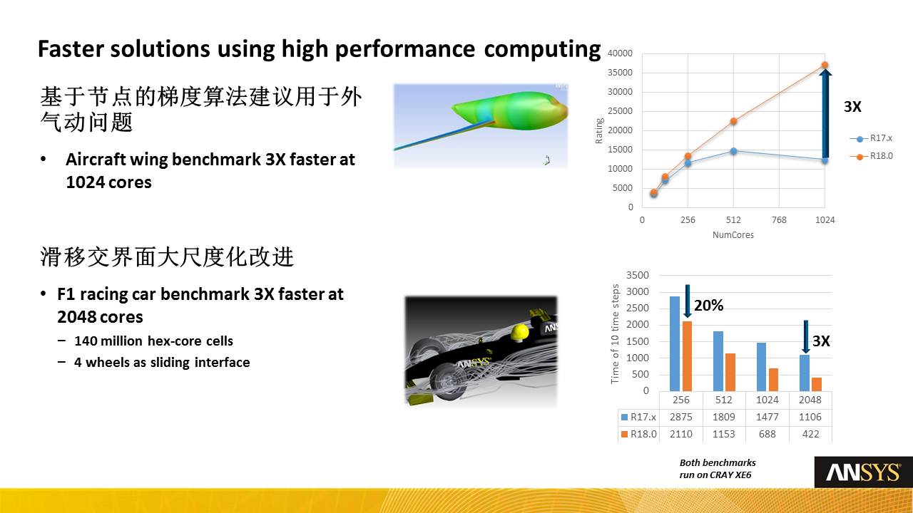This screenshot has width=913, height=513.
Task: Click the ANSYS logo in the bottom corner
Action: pyautogui.click(x=863, y=472)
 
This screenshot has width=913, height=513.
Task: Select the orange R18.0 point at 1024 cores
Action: pyautogui.click(x=825, y=65)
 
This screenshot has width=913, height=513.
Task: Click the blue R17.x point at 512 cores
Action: pyautogui.click(x=733, y=151)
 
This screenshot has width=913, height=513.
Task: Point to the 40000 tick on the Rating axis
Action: pyautogui.click(x=620, y=53)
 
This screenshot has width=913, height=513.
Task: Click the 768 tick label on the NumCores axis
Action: pyautogui.click(x=779, y=220)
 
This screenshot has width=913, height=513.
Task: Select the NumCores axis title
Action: pyautogui.click(x=733, y=235)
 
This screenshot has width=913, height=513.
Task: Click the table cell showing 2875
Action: pyautogui.click(x=681, y=417)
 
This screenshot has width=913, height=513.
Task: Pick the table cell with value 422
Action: pyautogui.click(x=810, y=434)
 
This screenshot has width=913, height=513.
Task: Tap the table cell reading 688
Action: pyautogui.click(x=767, y=434)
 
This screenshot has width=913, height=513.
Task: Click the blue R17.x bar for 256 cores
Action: pyautogui.click(x=675, y=343)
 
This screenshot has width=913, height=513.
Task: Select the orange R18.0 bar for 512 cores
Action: pyautogui.click(x=730, y=372)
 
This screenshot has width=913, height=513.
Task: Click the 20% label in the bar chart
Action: pyautogui.click(x=709, y=306)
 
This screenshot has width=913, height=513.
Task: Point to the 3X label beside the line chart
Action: pyautogui.click(x=852, y=107)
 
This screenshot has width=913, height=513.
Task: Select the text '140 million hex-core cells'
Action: pyautogui.click(x=153, y=341)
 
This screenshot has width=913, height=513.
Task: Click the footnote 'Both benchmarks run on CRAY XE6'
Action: pyautogui.click(x=718, y=469)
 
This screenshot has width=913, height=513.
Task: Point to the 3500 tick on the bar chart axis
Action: pyautogui.click(x=638, y=275)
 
